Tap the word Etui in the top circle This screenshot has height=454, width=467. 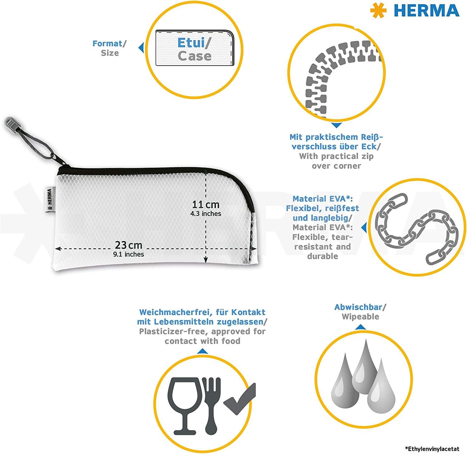pyautogui.click(x=191, y=43)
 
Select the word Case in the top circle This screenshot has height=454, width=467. pyautogui.click(x=195, y=56)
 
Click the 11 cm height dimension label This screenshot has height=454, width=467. pyautogui.click(x=206, y=204)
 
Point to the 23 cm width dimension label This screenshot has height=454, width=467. pyautogui.click(x=129, y=245)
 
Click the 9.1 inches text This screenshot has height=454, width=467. pyautogui.click(x=129, y=254)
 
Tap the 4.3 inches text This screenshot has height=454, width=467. pyautogui.click(x=206, y=214)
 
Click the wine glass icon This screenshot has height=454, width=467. pyautogui.click(x=184, y=406)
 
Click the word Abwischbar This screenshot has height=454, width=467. pyautogui.click(x=358, y=307)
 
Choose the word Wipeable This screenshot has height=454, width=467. pyautogui.click(x=361, y=317)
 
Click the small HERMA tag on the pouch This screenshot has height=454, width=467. pyautogui.click(x=49, y=200)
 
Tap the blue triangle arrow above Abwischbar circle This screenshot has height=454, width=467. pyautogui.click(x=361, y=327)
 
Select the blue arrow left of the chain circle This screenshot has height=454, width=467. pyautogui.click(x=364, y=227)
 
